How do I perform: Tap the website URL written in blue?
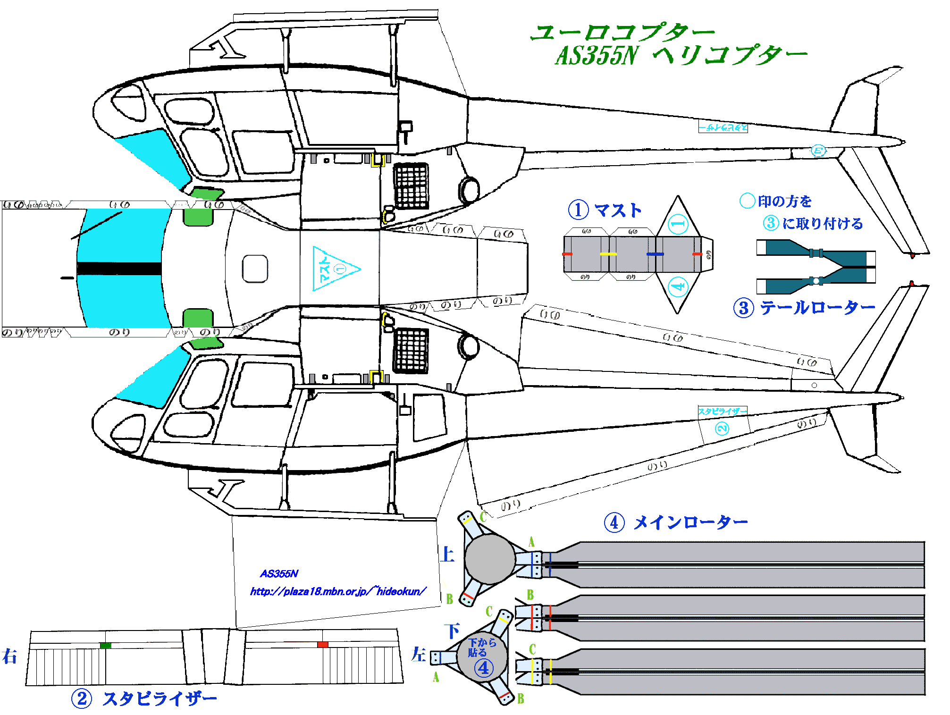[x=338, y=591]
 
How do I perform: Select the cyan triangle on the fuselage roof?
[x=333, y=269]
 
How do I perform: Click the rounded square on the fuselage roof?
[x=255, y=269]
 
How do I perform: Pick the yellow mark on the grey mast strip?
[x=608, y=254]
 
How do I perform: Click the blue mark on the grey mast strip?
[x=655, y=254]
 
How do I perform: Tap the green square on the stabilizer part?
[x=106, y=645]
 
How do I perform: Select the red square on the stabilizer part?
[x=323, y=645]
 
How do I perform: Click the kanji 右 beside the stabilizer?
[x=9, y=656]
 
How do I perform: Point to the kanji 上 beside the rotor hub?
[x=447, y=554]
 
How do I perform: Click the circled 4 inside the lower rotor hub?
[x=484, y=668]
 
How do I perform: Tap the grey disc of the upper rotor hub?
[x=490, y=559]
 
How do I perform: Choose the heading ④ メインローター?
[x=676, y=522]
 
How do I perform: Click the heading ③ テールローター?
[x=804, y=308]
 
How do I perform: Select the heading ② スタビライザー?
[x=144, y=698]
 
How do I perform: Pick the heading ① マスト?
[x=605, y=210]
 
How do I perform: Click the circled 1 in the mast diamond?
[x=678, y=224]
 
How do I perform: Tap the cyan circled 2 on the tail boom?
[x=722, y=429]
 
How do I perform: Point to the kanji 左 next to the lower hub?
[x=418, y=655]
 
